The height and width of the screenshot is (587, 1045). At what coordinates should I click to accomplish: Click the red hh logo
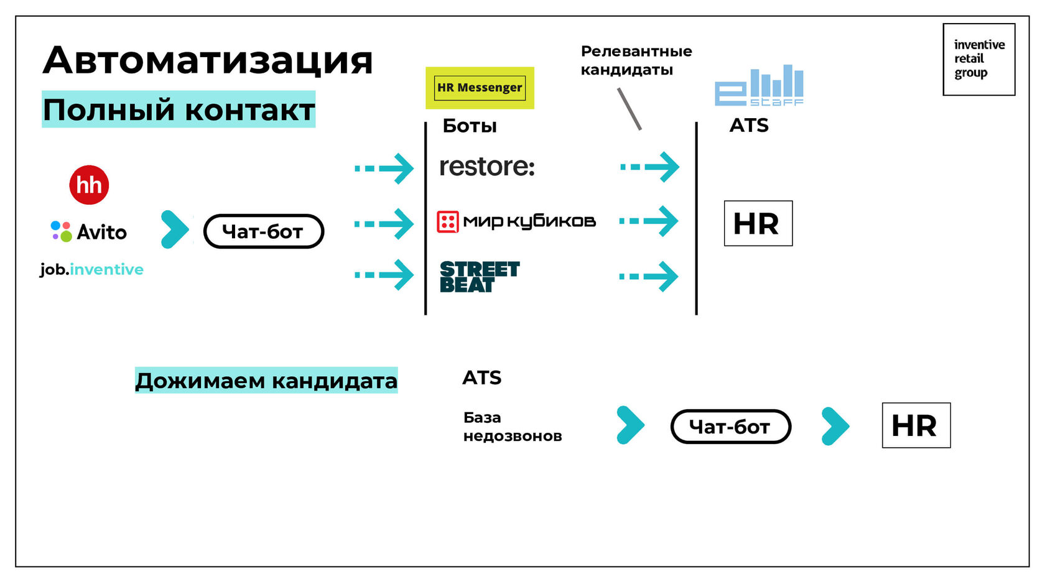pos(89,185)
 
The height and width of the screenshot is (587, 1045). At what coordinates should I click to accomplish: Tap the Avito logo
pos(89,232)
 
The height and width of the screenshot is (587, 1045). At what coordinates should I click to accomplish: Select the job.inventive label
pos(91,269)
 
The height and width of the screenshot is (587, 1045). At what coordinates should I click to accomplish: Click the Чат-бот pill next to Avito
pos(263,231)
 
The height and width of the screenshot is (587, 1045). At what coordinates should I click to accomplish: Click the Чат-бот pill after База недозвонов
pos(730,427)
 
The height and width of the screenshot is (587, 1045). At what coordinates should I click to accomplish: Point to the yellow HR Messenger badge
pos(480,88)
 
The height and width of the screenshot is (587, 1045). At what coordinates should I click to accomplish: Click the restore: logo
pos(486,167)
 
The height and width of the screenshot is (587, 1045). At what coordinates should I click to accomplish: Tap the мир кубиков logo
pos(516,221)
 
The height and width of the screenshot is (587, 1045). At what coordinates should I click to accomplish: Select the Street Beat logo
pos(479,277)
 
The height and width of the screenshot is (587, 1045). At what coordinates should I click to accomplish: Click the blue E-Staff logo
pos(759,86)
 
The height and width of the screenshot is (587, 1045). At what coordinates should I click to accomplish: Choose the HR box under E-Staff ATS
pos(758,223)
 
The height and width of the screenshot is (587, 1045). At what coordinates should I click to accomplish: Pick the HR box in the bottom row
pos(916,425)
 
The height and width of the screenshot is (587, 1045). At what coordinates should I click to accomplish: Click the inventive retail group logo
pos(978,59)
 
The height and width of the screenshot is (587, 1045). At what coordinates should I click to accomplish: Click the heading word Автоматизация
pos(208,60)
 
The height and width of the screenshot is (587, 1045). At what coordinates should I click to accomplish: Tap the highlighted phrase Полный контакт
pos(179,110)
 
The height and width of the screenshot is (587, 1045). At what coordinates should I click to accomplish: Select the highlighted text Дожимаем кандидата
pos(266,381)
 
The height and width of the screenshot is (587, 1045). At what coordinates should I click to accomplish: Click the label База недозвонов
pos(512,427)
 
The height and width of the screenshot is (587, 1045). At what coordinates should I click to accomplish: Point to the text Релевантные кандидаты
pos(636,60)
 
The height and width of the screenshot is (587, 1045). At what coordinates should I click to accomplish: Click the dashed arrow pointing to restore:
pos(384,168)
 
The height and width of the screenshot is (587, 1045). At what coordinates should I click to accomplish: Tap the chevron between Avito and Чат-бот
pos(174,230)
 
